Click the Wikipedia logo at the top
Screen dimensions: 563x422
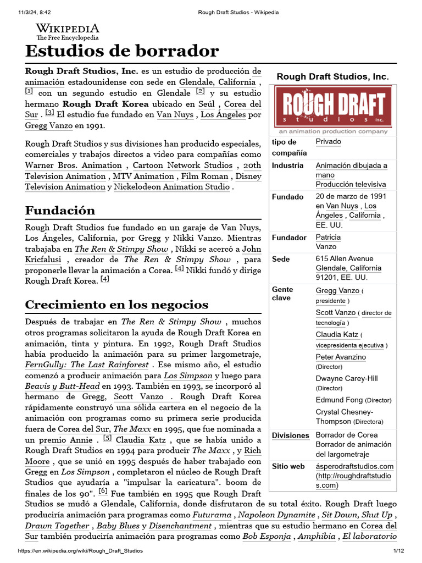(x=68, y=32)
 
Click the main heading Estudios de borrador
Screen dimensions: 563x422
(x=122, y=52)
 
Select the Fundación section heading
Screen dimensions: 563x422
(x=60, y=210)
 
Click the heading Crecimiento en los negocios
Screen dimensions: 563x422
(x=116, y=304)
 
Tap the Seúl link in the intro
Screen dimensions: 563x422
(x=206, y=103)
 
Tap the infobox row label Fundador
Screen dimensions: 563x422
(x=289, y=238)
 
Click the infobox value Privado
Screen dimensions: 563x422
(x=328, y=142)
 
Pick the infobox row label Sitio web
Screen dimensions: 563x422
(x=288, y=467)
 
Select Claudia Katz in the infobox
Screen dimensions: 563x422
(x=337, y=335)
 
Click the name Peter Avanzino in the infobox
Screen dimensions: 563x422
(x=341, y=357)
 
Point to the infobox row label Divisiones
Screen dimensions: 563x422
(x=291, y=435)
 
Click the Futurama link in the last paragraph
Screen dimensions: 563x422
(x=212, y=515)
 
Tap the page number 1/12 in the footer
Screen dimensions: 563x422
(x=398, y=551)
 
